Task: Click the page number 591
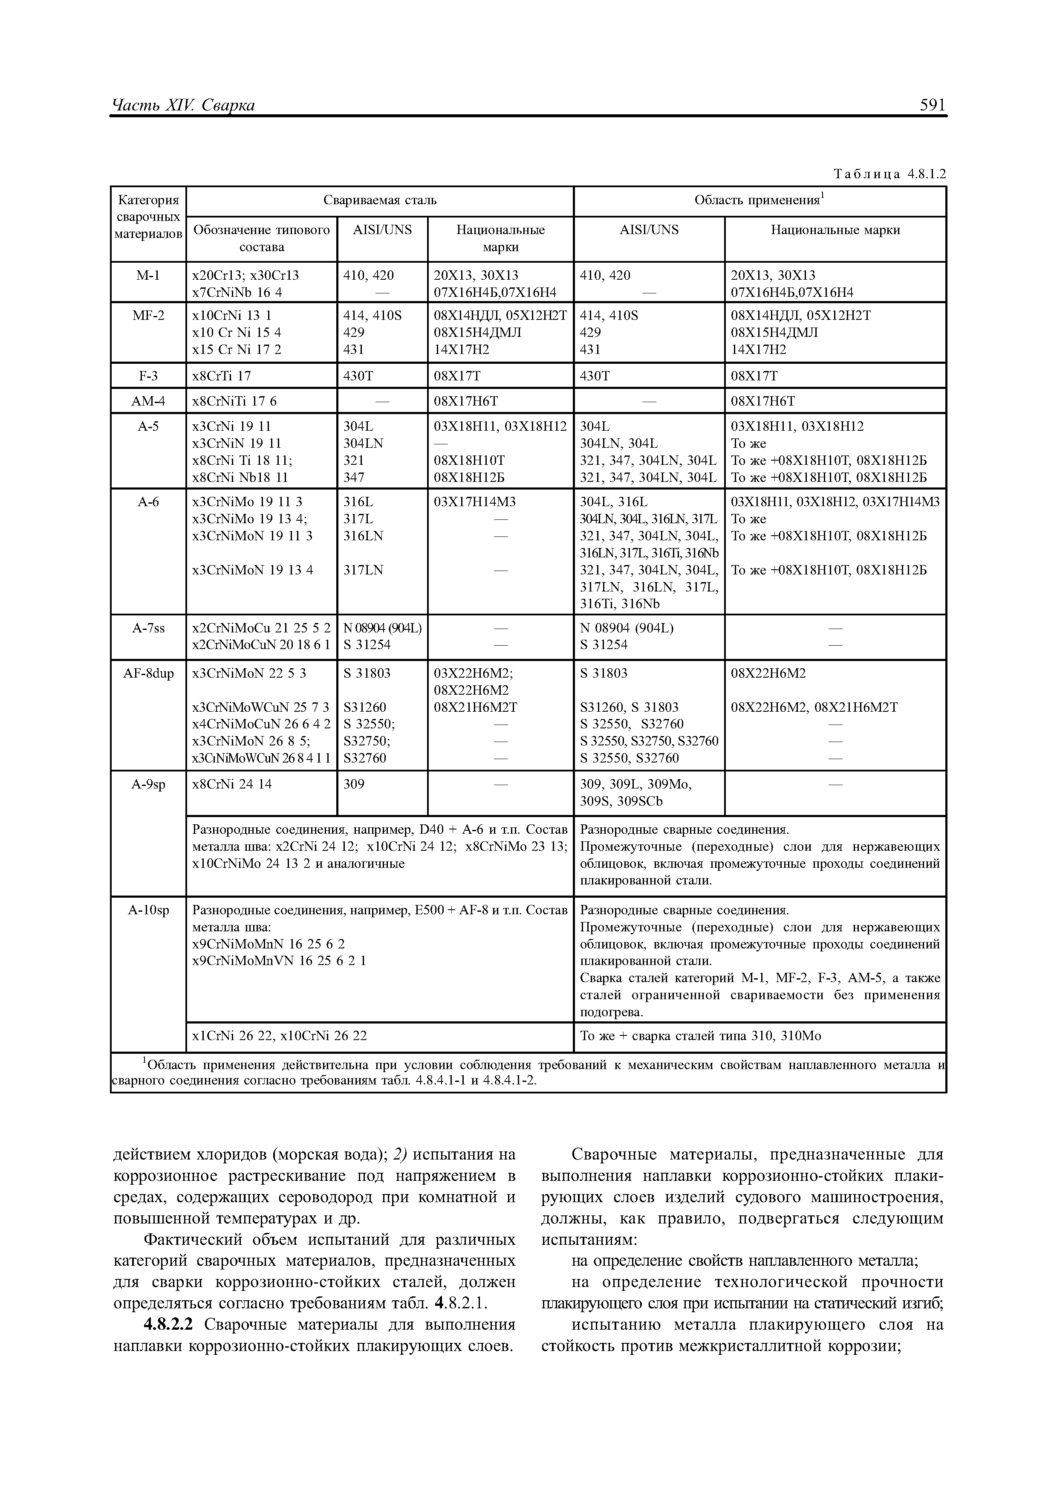pyautogui.click(x=932, y=105)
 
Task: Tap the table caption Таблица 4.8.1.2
pyautogui.click(x=889, y=174)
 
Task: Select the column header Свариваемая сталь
pyautogui.click(x=380, y=201)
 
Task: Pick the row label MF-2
pyautogui.click(x=148, y=315)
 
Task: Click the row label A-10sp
pyautogui.click(x=148, y=910)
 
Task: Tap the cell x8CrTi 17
pyautogui.click(x=222, y=376)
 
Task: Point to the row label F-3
pyautogui.click(x=148, y=376)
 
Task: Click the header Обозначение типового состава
pyautogui.click(x=262, y=238)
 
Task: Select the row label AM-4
pyautogui.click(x=148, y=401)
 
